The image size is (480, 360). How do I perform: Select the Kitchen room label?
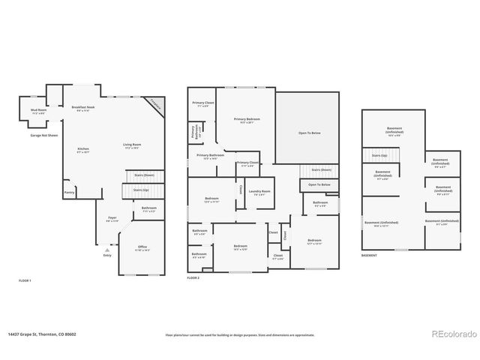pyautogui.click(x=82, y=150)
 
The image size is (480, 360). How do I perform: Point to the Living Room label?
pyautogui.click(x=133, y=145)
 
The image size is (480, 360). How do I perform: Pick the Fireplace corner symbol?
pyautogui.click(x=156, y=105)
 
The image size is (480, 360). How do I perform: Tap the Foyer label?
pyautogui.click(x=112, y=220)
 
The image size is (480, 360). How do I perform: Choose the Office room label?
pyautogui.click(x=142, y=249)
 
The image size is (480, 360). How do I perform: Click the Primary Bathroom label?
pyautogui.click(x=208, y=157)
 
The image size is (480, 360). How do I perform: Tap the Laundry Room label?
pyautogui.click(x=259, y=192)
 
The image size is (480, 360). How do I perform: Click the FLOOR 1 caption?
pyautogui.click(x=25, y=280)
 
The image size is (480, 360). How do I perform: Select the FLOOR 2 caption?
pyautogui.click(x=193, y=278)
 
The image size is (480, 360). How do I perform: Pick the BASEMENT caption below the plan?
pyautogui.click(x=369, y=255)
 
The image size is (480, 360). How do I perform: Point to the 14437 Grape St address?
pyautogui.click(x=43, y=334)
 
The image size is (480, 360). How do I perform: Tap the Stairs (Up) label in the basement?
pyautogui.click(x=379, y=155)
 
